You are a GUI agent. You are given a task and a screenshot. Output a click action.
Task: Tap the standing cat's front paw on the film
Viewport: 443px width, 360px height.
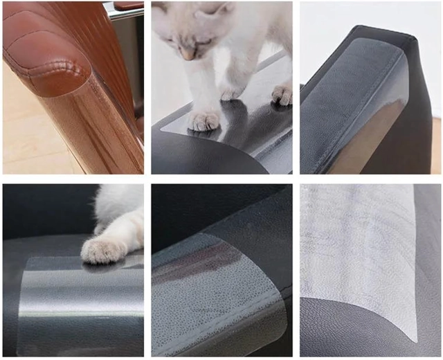pos(203,122)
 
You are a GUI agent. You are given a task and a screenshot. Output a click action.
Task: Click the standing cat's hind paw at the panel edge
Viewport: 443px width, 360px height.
pos(282,95)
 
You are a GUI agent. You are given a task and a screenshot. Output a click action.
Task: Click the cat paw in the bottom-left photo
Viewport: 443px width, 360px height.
pos(103,249)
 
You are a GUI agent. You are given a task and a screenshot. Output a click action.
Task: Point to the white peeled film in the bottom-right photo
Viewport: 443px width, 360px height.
pos(360,249)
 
